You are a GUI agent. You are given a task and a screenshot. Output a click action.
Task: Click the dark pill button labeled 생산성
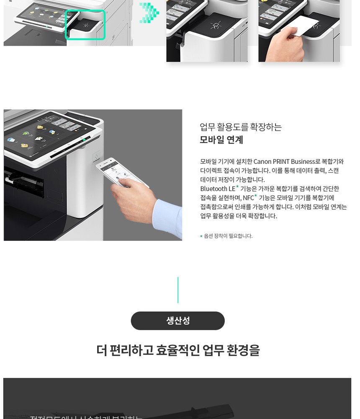(x=177, y=321)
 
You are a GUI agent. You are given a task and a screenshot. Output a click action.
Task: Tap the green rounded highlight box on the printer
(x=85, y=25)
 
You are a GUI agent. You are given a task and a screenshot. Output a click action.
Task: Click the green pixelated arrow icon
(x=149, y=13)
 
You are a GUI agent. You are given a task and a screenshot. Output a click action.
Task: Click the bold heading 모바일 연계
(x=221, y=140)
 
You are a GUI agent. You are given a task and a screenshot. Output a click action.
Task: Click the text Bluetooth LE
(x=217, y=189)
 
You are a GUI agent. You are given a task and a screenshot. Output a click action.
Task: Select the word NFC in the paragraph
(x=248, y=198)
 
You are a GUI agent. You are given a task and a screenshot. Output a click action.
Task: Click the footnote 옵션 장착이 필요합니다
(x=228, y=236)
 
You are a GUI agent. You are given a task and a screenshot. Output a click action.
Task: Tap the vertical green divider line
(x=178, y=290)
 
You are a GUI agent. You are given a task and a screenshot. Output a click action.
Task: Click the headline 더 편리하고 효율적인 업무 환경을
(x=178, y=350)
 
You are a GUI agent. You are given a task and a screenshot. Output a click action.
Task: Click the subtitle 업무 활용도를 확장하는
(x=241, y=127)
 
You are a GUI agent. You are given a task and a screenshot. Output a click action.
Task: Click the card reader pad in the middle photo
(x=216, y=24)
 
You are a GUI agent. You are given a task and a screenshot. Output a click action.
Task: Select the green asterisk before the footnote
(x=201, y=236)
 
